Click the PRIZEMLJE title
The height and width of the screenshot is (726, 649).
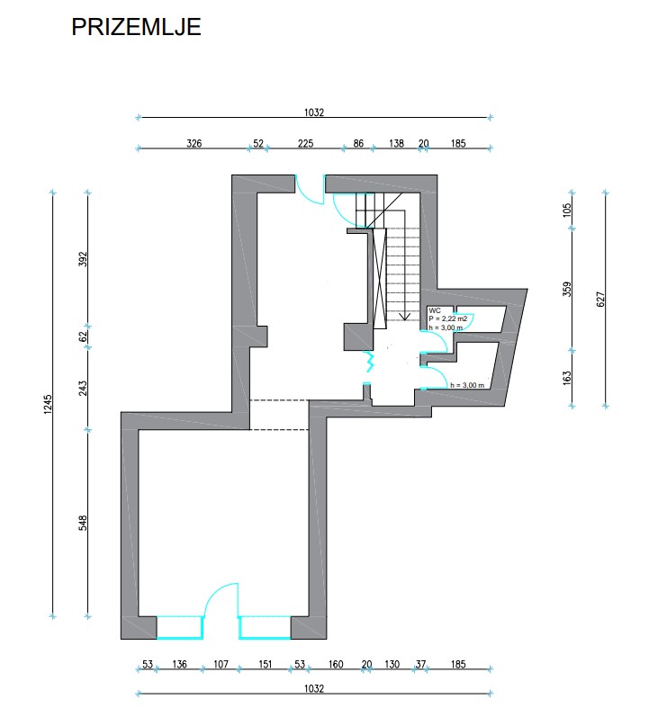coord(136,27)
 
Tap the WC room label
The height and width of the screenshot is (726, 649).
coord(435,310)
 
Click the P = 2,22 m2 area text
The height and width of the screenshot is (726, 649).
coord(448,318)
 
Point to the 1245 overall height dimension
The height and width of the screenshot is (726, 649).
coord(49,404)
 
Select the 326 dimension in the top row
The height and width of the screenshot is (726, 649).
coord(194,144)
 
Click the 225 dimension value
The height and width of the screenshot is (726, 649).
coord(305,144)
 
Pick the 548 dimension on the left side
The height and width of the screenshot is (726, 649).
coord(83,524)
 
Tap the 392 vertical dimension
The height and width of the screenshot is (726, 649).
coord(83,259)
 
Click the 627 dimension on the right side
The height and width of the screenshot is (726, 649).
coord(600,299)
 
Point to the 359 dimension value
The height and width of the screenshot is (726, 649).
coord(567,290)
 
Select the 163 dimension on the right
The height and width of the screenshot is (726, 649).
coord(567,378)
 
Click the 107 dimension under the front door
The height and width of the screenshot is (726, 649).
coord(221,665)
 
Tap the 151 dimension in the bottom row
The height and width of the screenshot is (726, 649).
coord(265,665)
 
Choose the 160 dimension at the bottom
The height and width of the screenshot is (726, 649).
coord(336,665)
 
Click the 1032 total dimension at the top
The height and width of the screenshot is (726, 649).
coord(313,112)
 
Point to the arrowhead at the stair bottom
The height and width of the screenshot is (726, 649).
coord(405,318)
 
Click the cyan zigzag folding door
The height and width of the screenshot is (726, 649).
coord(369,361)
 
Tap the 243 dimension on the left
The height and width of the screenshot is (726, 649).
coord(83,388)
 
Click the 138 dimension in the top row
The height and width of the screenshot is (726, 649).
coord(396,144)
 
